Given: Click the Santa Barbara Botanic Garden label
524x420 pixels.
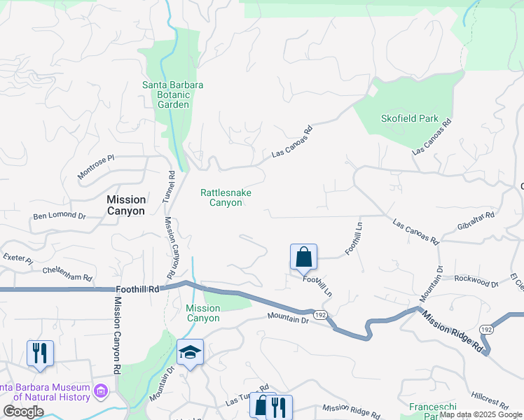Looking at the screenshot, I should (x=173, y=94).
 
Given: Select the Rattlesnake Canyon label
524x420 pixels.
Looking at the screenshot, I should (x=226, y=197).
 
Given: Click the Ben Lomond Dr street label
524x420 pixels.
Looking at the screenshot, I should (x=59, y=216).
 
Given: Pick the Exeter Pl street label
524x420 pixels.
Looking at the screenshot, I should (x=18, y=259).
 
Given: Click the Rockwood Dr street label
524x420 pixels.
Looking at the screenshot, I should (x=476, y=281).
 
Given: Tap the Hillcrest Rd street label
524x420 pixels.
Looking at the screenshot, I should (x=490, y=400).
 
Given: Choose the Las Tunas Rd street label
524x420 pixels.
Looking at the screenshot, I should (x=247, y=396).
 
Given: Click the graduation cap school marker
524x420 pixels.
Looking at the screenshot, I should (x=190, y=353).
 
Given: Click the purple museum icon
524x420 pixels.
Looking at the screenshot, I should (x=101, y=389).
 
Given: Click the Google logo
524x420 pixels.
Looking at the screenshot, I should (x=23, y=412).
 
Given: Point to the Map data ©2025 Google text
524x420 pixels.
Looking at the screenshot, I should (x=481, y=414).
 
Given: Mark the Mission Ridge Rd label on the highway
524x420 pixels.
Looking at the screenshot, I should (x=452, y=332).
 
